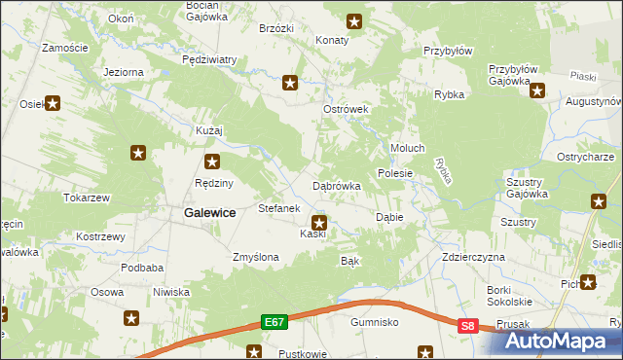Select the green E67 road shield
pyautogui.click(x=274, y=321)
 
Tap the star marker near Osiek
pyautogui.click(x=53, y=103)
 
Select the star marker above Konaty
pyautogui.click(x=354, y=20)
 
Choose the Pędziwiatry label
pyautogui.click(x=209, y=59)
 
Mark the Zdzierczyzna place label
pyautogui.click(x=473, y=257)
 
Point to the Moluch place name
pyautogui.click(x=407, y=148)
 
